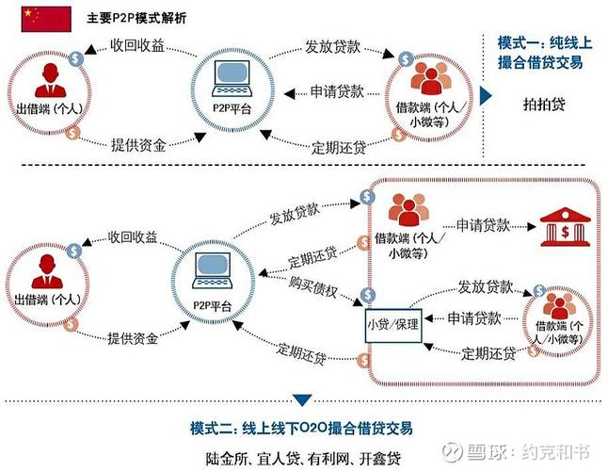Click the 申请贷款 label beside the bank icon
click(484, 226)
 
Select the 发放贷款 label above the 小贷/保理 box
click(486, 286)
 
